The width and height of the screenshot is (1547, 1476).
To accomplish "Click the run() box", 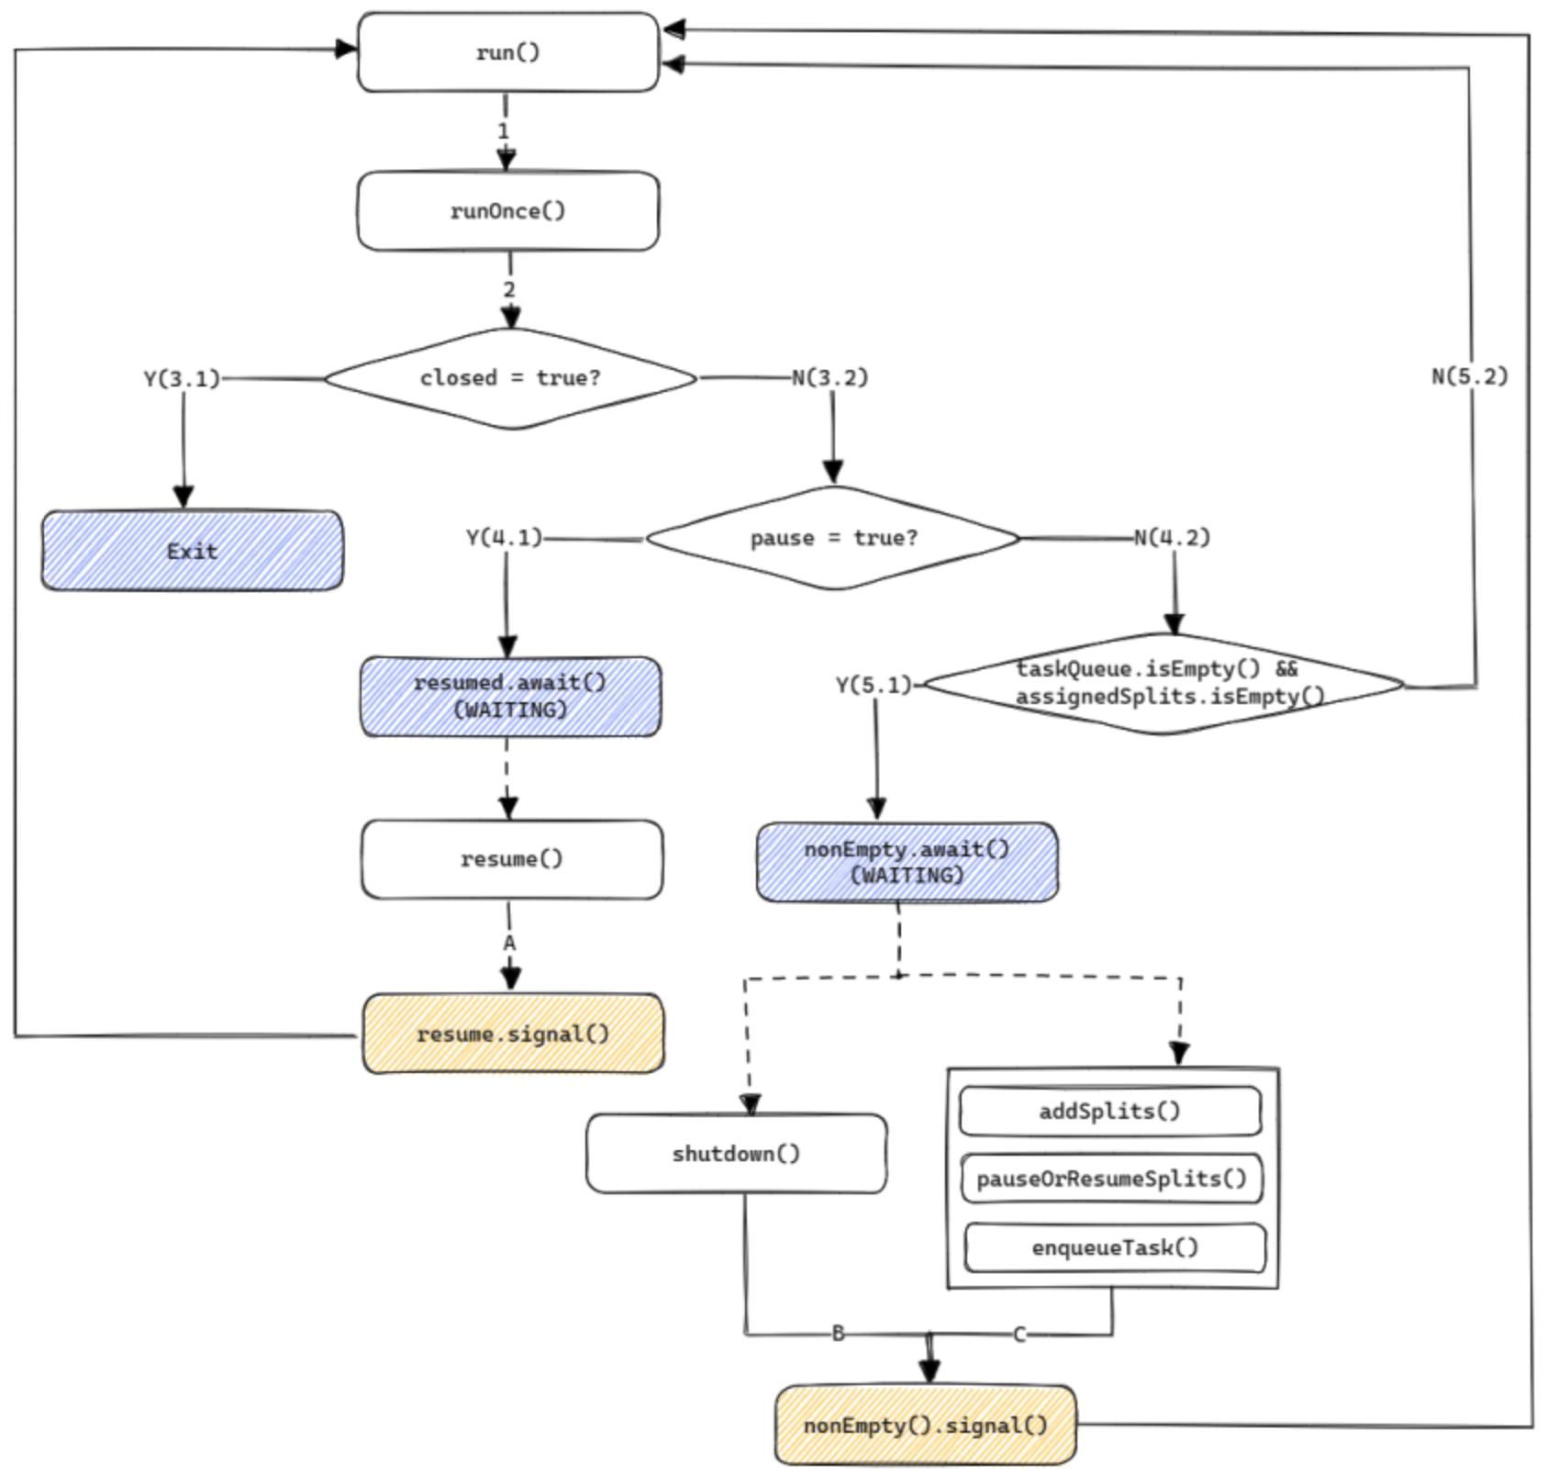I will click(507, 52).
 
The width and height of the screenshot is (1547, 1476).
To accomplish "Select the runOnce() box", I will click(507, 211).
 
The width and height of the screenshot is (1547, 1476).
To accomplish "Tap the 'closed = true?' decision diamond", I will click(510, 378).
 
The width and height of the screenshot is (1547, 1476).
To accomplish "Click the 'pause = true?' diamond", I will click(832, 538).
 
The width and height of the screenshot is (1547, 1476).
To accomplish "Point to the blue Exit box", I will click(192, 551).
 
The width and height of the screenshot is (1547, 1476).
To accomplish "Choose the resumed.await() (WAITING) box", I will click(510, 697).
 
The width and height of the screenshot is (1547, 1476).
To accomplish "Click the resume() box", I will click(511, 859).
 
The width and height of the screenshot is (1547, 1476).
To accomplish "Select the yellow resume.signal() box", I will click(512, 1034).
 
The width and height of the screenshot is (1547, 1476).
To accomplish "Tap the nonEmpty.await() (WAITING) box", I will click(907, 862).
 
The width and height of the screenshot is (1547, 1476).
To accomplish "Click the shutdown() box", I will click(736, 1154).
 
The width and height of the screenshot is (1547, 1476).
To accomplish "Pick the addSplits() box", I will click(1109, 1112).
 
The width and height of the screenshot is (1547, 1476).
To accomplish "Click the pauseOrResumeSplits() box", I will click(1111, 1179).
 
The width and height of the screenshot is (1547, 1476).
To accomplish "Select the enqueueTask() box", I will click(1114, 1247).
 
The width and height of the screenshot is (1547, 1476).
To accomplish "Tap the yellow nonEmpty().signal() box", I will click(925, 1426).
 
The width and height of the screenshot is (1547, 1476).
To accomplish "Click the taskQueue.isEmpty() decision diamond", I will click(1163, 683).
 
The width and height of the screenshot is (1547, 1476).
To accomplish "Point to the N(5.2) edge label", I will click(1469, 376).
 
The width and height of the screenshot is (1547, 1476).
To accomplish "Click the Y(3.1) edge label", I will click(182, 378).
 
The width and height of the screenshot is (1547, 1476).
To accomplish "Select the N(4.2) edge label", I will click(1172, 537).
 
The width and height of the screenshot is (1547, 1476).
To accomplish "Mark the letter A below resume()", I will click(509, 943).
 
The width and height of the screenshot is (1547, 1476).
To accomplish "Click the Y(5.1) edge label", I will click(874, 685).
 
